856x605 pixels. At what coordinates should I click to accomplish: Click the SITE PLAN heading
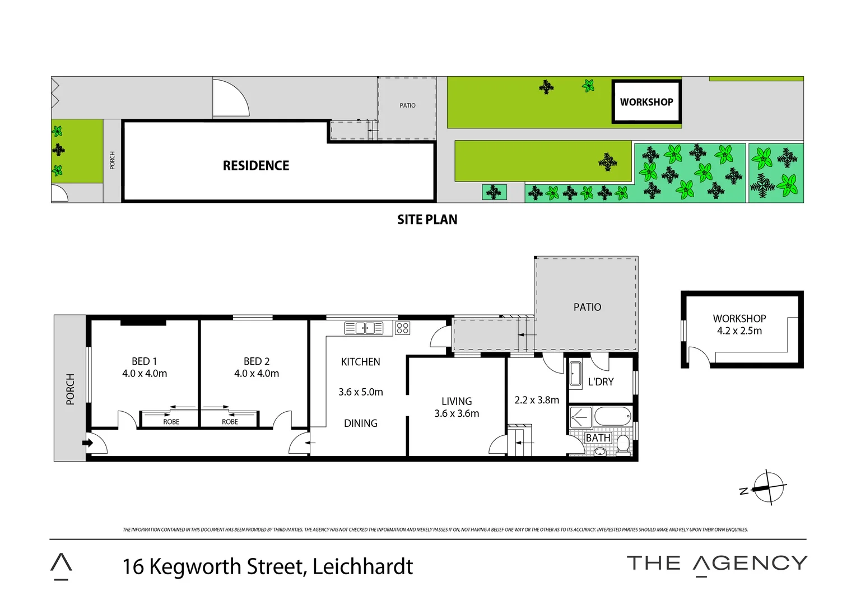[427, 220]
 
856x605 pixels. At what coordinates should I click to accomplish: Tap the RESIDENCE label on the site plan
[256, 166]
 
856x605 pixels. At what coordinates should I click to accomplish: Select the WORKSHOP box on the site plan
[646, 102]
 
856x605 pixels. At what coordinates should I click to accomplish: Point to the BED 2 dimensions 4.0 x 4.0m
[257, 374]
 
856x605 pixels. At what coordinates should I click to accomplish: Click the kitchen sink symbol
[364, 328]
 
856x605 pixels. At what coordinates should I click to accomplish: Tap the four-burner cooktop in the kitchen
[402, 328]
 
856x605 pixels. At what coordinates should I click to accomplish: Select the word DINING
[361, 424]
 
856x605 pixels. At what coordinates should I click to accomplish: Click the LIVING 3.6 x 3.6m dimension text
[457, 414]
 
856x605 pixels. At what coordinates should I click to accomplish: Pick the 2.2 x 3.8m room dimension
[537, 401]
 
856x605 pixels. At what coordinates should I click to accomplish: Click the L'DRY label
[601, 382]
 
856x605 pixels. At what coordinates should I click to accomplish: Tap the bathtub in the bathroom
[612, 417]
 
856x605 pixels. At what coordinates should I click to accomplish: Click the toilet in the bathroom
[623, 445]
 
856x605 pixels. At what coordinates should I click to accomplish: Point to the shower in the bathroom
[580, 417]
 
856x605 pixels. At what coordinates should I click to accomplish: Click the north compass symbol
[767, 487]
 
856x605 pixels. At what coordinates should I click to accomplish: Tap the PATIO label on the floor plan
[587, 307]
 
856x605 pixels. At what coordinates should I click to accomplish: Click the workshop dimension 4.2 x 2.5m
[739, 331]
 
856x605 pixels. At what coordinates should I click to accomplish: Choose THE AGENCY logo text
[717, 564]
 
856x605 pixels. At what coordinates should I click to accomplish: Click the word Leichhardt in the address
[362, 567]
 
